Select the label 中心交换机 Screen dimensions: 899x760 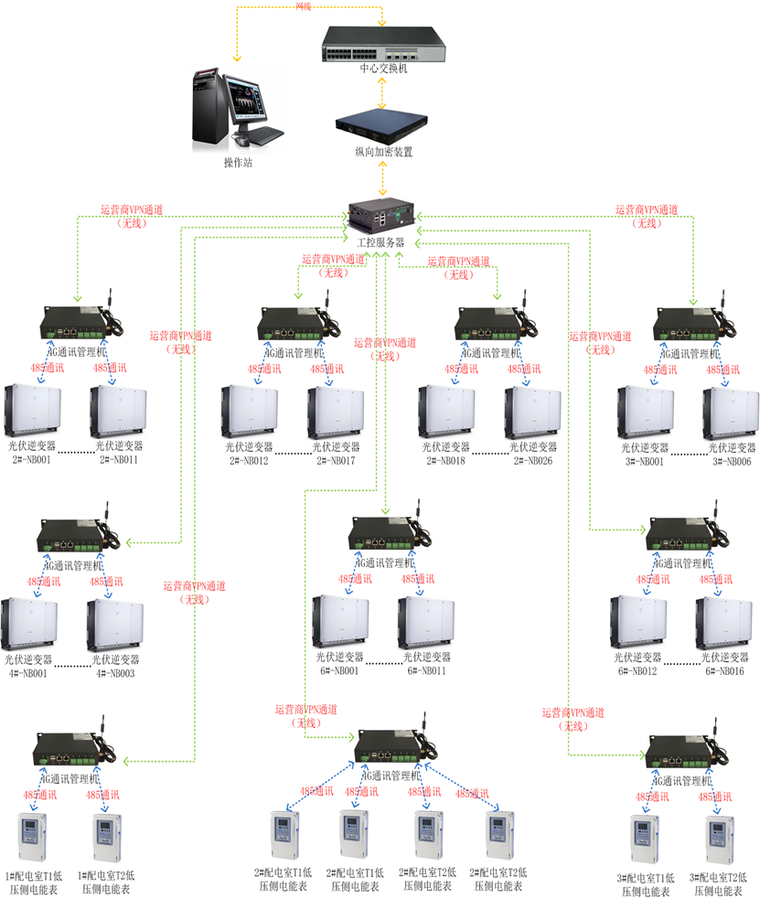pyautogui.click(x=383, y=68)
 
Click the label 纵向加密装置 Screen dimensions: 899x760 pyautogui.click(x=383, y=152)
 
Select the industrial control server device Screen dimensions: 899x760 pyautogui.click(x=382, y=216)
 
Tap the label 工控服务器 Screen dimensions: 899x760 pyautogui.click(x=381, y=242)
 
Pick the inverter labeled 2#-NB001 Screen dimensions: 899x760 pyautogui.click(x=33, y=412)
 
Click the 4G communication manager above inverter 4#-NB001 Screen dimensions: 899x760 pyautogui.click(x=79, y=534)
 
